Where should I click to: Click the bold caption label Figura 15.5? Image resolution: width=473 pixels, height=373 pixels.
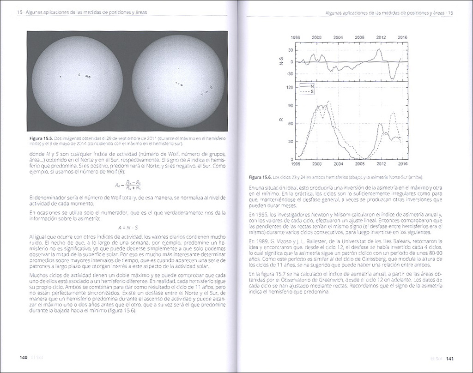41,138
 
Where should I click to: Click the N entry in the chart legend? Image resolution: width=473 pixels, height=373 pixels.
307,86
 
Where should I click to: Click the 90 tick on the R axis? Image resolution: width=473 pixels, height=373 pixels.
291,105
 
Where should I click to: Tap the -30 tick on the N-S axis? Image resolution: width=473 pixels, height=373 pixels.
290,73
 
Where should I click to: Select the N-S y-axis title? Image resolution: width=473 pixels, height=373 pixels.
281,61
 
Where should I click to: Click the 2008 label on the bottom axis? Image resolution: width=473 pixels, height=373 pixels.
359,163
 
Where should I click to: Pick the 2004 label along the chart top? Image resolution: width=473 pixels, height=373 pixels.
338,38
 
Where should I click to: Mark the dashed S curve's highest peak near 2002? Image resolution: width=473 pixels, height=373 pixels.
328,102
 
